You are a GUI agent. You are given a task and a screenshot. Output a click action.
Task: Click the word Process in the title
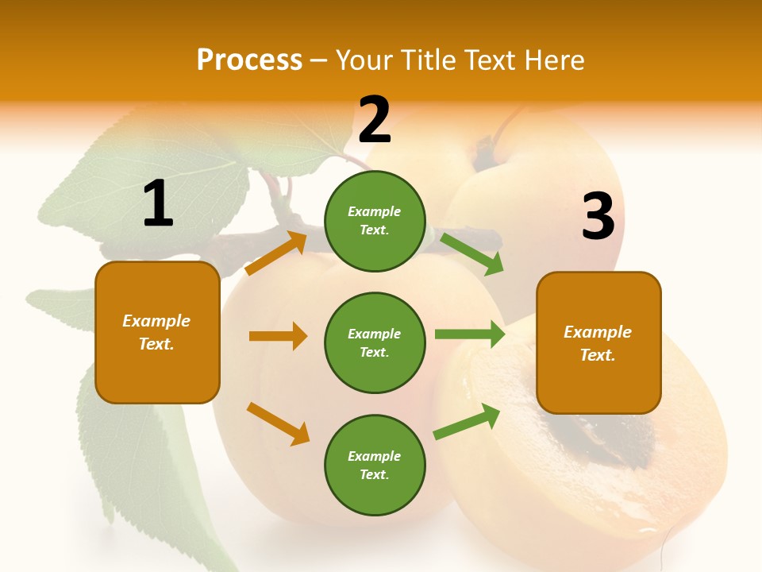click(249, 60)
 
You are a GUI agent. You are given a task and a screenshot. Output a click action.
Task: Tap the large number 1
click(158, 204)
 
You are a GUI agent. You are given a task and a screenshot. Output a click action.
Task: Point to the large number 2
click(375, 120)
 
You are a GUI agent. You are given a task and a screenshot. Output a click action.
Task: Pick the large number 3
click(598, 216)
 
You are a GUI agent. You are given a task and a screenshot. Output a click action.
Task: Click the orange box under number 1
click(157, 332)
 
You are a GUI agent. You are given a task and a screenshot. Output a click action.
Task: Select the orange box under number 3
click(598, 342)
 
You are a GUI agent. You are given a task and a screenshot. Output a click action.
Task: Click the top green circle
click(375, 221)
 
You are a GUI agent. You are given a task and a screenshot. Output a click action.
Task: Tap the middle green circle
click(375, 342)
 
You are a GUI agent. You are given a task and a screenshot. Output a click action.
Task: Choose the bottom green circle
click(375, 465)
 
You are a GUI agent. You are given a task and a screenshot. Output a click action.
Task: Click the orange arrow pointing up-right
click(276, 253)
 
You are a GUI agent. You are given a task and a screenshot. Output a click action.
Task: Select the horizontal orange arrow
click(278, 336)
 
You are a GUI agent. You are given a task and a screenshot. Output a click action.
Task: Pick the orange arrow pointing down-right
click(278, 423)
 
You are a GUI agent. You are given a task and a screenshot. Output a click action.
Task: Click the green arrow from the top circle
click(472, 253)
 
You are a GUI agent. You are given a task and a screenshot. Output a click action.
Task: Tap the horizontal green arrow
click(470, 334)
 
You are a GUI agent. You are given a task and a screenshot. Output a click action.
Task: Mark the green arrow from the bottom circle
click(467, 422)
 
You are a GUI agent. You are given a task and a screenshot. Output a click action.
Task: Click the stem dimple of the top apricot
click(486, 155)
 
